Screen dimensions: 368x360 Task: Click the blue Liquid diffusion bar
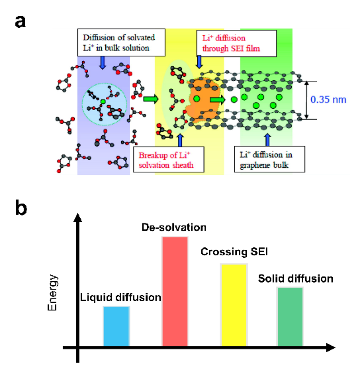116,326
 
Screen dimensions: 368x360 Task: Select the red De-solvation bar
175,291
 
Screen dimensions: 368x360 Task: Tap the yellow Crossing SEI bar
233,305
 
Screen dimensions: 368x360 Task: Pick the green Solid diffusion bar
290,317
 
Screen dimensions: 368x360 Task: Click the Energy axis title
52,293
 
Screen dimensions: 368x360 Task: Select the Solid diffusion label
295,279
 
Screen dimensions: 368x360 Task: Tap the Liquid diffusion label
120,297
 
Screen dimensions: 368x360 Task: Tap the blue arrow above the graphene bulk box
267,139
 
